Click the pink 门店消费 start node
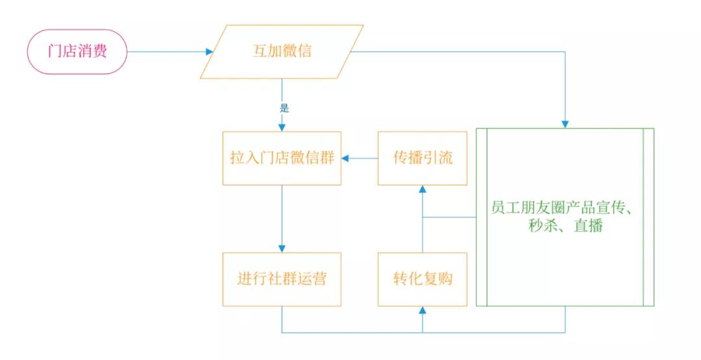pos(77,52)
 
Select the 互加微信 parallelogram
pos(282,51)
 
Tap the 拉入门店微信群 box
pos(282,158)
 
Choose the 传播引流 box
pos(423,158)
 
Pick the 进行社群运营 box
pos(282,280)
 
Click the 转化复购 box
pos(423,280)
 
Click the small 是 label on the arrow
pos(284,108)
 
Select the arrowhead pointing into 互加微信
pos(209,52)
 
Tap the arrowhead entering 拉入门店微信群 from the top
pos(282,126)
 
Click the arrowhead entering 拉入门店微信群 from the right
pos(347,158)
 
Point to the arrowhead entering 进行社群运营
pos(282,248)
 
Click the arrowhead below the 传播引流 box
pos(423,189)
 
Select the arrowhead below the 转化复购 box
pos(423,311)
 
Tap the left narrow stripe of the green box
pos(481,217)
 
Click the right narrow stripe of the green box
pos(648,217)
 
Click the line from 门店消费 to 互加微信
pos(166,52)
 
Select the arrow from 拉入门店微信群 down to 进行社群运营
pos(282,217)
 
